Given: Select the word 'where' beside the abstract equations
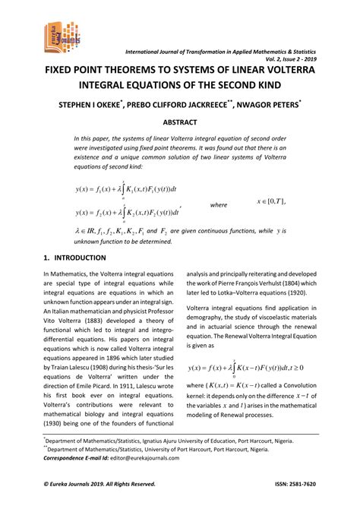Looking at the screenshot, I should click(219, 204).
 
